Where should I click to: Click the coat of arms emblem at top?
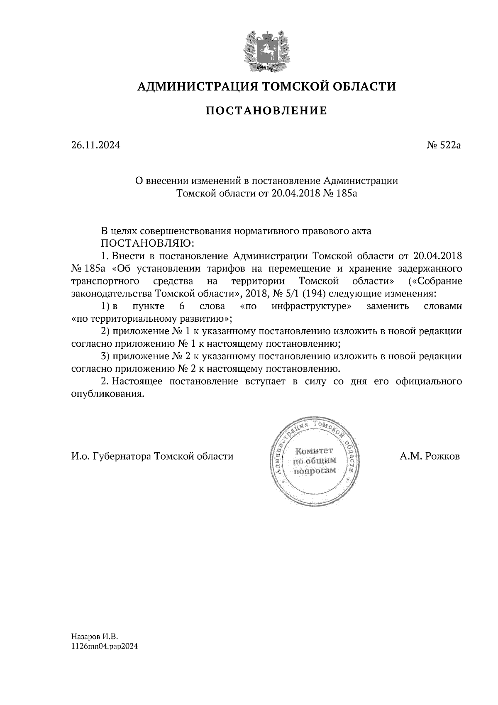tap(266, 51)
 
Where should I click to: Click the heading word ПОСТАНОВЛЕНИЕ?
tap(266, 111)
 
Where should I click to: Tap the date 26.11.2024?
tap(95, 146)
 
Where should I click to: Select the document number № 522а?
tap(444, 146)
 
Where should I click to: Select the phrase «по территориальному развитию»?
tap(151, 319)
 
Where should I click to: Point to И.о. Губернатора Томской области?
tap(152, 456)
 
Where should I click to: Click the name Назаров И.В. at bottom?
tap(95, 636)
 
